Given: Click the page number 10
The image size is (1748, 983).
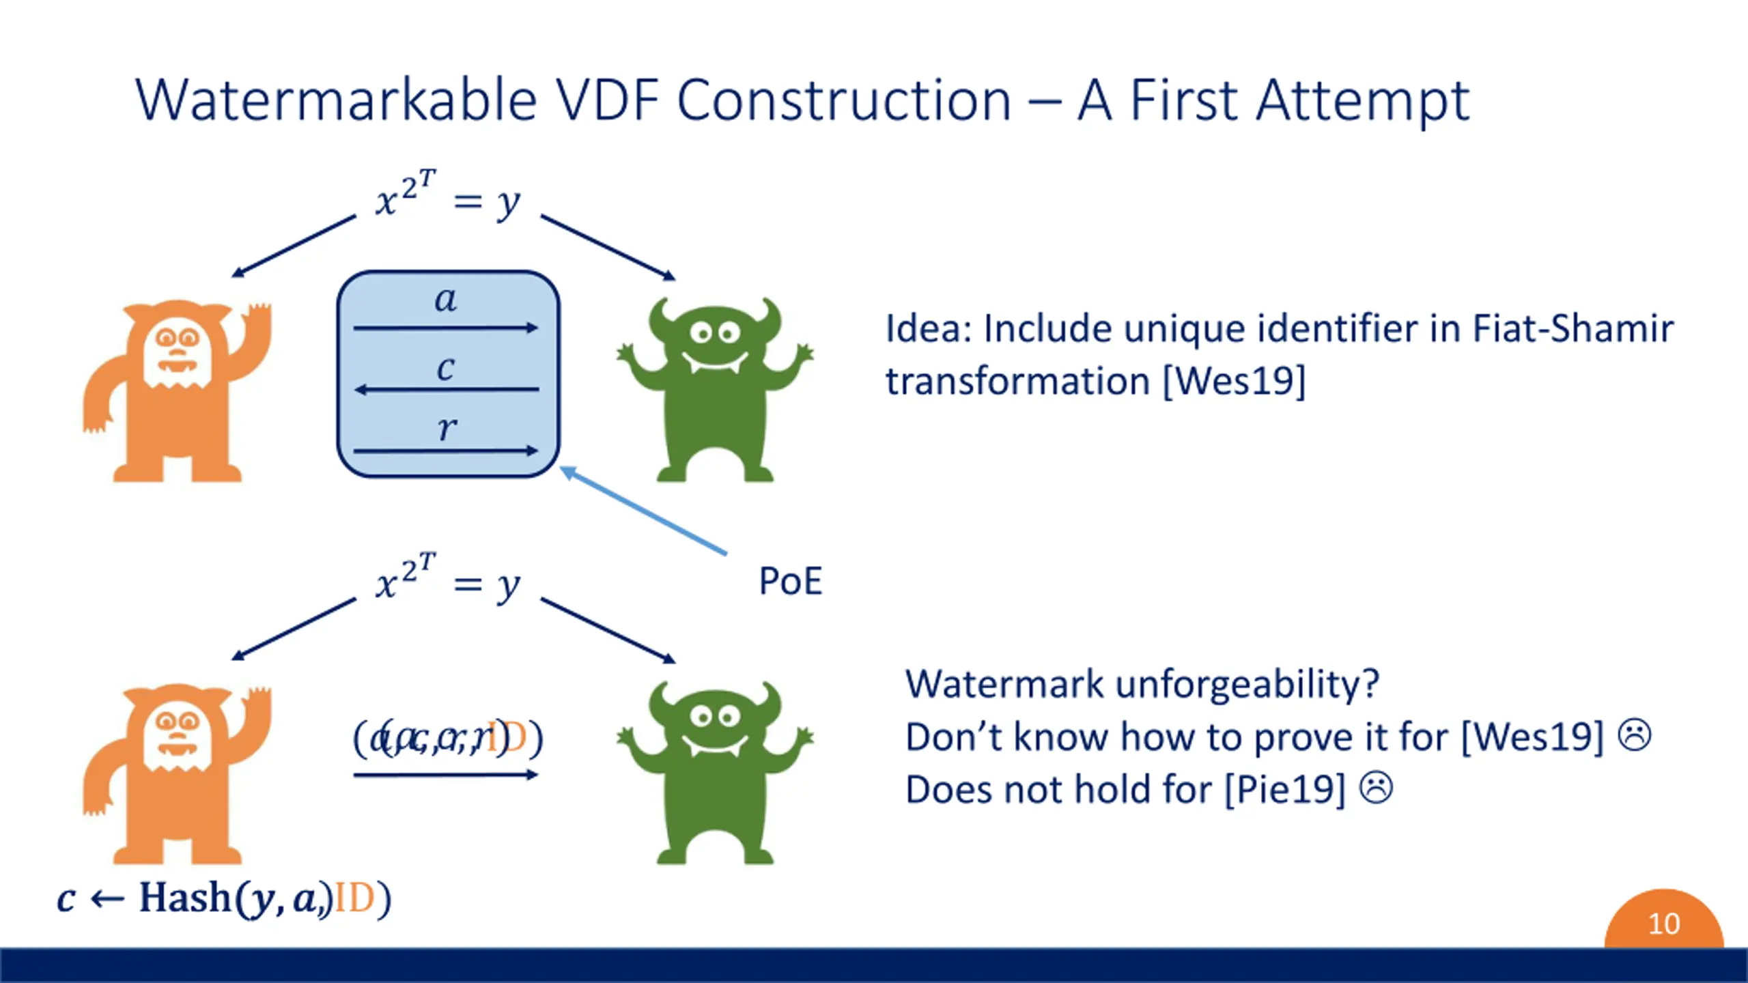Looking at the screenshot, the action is [1663, 924].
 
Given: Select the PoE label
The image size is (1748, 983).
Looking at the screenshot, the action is [790, 582].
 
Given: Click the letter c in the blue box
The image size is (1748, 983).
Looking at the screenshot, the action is [445, 369].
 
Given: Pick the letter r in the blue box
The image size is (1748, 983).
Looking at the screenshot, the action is [447, 429].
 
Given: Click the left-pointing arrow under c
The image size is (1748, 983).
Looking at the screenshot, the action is [447, 390].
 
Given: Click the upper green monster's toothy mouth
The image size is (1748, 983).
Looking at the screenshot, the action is [714, 362].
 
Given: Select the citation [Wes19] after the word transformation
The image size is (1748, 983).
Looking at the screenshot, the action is [1233, 381].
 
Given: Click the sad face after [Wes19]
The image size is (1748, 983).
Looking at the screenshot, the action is [1635, 735].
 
